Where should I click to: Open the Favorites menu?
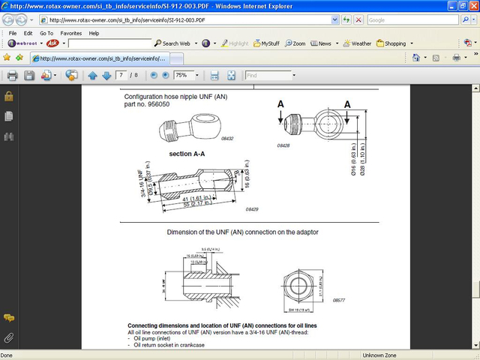[x=70, y=33]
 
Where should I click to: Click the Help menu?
[x=94, y=33]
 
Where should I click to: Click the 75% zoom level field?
[x=184, y=76]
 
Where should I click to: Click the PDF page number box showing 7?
[x=122, y=76]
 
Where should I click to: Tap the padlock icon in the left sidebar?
[x=9, y=96]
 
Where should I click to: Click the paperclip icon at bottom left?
[x=9, y=337]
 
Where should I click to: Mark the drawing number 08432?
[x=205, y=139]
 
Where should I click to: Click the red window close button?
[x=469, y=6]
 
